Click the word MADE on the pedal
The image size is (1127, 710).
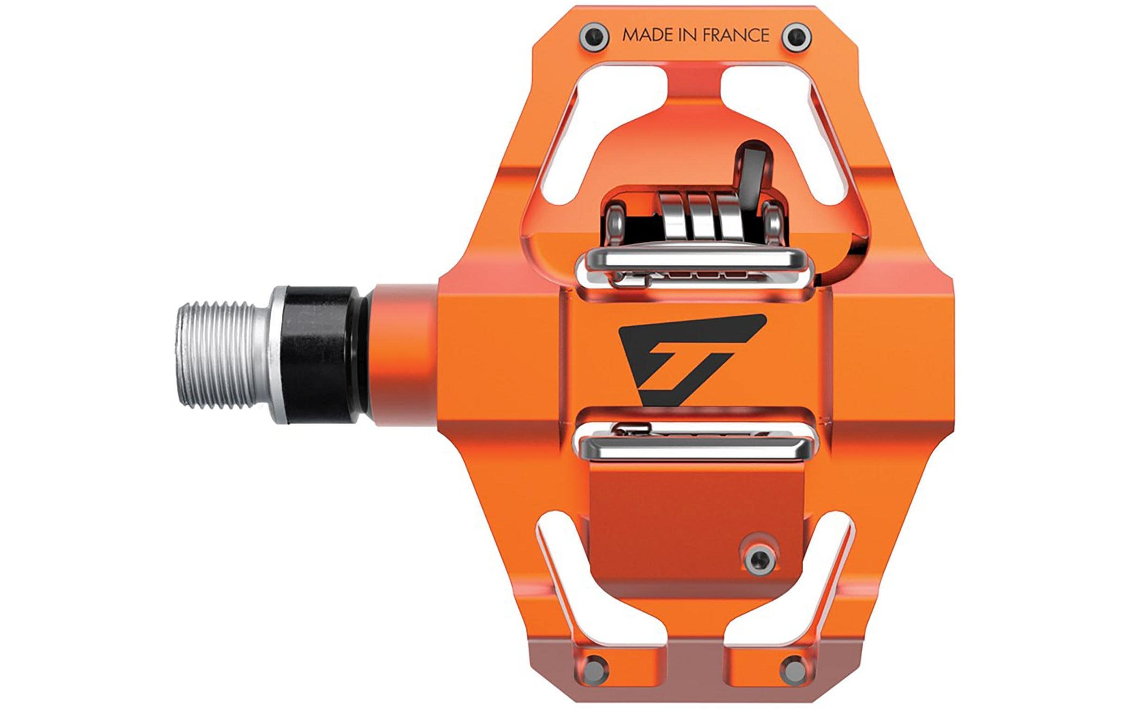(646, 35)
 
